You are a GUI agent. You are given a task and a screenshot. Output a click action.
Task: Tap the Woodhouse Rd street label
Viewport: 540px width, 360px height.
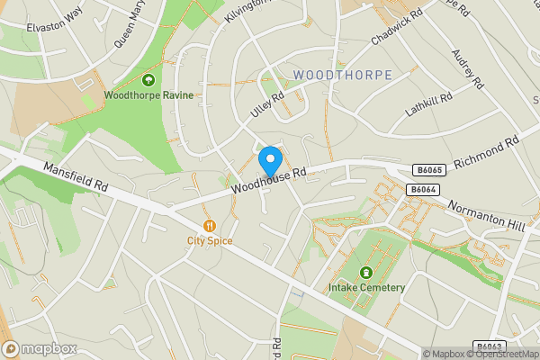[268, 179]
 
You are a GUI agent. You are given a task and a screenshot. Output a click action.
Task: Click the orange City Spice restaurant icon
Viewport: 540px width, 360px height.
[210, 226]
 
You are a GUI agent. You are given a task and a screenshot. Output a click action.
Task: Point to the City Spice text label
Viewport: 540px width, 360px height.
[210, 241]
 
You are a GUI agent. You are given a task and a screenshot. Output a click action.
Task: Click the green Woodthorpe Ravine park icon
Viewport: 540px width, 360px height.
[148, 80]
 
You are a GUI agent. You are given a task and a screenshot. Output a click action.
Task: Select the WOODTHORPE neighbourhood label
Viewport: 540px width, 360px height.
[343, 75]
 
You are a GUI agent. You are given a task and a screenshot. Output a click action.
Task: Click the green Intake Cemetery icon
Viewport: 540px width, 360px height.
[366, 273]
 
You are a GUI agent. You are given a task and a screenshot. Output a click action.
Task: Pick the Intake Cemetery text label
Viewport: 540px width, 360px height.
[366, 288]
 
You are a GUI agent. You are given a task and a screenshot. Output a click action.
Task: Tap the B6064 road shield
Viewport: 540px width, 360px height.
[422, 189]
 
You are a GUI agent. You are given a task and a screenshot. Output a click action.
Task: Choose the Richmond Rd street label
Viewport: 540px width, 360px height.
[487, 152]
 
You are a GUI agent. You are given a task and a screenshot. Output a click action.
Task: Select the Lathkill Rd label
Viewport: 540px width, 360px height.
[427, 109]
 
